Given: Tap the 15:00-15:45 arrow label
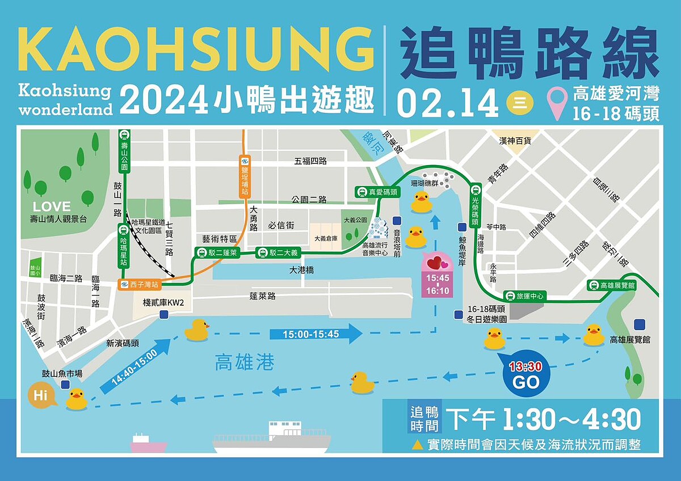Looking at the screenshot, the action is [x=316, y=334].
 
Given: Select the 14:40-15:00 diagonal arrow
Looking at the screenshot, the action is [x=135, y=367].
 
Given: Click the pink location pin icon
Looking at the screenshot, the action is [x=557, y=103].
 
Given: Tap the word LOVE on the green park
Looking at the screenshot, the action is [x=52, y=206].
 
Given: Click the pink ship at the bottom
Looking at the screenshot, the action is [x=148, y=444].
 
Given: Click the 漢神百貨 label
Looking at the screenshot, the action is [x=515, y=140].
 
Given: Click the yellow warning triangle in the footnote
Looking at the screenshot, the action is [x=417, y=445].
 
